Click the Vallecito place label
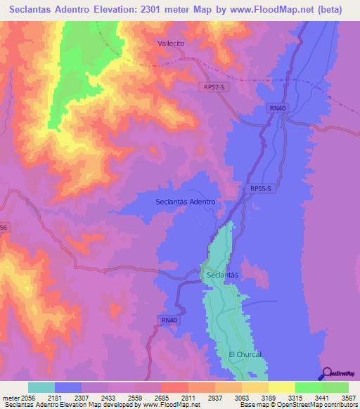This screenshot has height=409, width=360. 170,43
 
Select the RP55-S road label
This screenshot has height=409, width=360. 261,189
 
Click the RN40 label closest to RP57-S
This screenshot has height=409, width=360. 278,108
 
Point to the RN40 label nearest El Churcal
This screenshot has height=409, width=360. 169,321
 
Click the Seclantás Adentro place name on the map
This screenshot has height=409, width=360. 184,202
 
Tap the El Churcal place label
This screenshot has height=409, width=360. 245,354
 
